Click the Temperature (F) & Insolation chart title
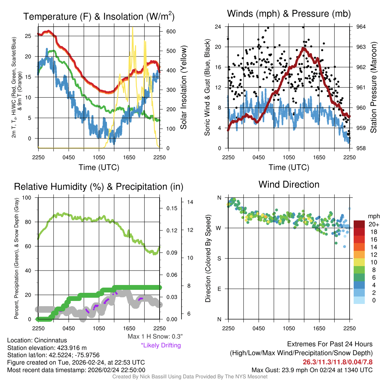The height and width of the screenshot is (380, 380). [99, 16]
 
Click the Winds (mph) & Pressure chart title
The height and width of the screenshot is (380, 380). [289, 14]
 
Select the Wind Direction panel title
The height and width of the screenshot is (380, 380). [289, 184]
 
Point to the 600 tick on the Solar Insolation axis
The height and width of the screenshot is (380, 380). [171, 32]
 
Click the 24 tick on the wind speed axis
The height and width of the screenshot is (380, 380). [218, 27]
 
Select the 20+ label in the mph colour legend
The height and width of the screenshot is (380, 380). [373, 225]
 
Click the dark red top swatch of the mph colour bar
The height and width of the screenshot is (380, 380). [360, 224]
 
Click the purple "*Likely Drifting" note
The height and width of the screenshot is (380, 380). [161, 345]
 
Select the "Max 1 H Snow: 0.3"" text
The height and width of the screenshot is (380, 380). [155, 337]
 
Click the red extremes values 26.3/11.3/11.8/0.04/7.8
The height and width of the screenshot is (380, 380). [338, 362]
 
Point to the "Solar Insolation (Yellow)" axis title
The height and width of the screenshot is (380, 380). [184, 87]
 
